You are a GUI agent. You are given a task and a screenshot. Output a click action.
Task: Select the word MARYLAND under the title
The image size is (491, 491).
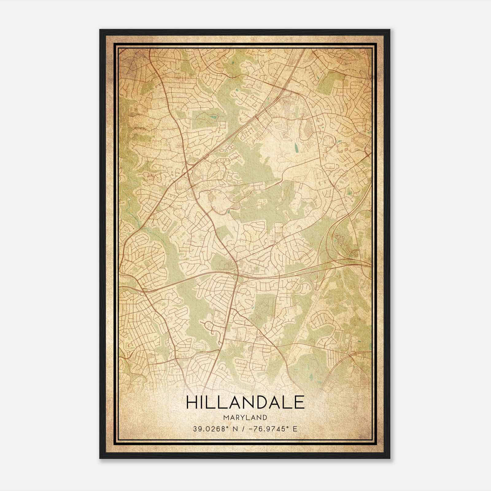[x=245, y=418]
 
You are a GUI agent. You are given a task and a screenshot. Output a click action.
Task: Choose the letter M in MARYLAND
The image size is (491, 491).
[x=226, y=418]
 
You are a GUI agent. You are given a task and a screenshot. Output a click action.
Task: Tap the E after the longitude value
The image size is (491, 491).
[x=295, y=429]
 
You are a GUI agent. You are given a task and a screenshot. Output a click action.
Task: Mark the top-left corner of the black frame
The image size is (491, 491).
[x=100, y=30]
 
